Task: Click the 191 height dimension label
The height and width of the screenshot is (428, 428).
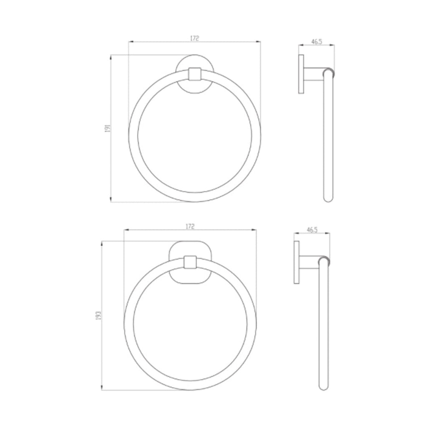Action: pyautogui.click(x=107, y=128)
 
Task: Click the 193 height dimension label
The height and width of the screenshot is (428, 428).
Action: pyautogui.click(x=98, y=316)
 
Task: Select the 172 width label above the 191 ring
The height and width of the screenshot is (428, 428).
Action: pyautogui.click(x=194, y=38)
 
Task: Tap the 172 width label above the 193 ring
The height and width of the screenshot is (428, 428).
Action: pyautogui.click(x=190, y=226)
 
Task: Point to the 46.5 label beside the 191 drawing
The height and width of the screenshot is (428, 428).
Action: pyautogui.click(x=316, y=42)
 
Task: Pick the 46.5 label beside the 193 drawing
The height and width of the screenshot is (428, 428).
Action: pyautogui.click(x=312, y=229)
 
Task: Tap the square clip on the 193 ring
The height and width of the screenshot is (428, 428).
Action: pyautogui.click(x=190, y=262)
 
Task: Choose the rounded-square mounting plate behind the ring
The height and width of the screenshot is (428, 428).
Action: pyautogui.click(x=190, y=248)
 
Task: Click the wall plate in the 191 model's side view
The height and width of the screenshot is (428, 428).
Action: pyautogui.click(x=301, y=74)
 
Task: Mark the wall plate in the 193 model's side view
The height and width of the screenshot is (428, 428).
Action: pyautogui.click(x=296, y=262)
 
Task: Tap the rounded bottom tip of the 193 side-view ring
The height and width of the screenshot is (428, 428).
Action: pyautogui.click(x=324, y=387)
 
